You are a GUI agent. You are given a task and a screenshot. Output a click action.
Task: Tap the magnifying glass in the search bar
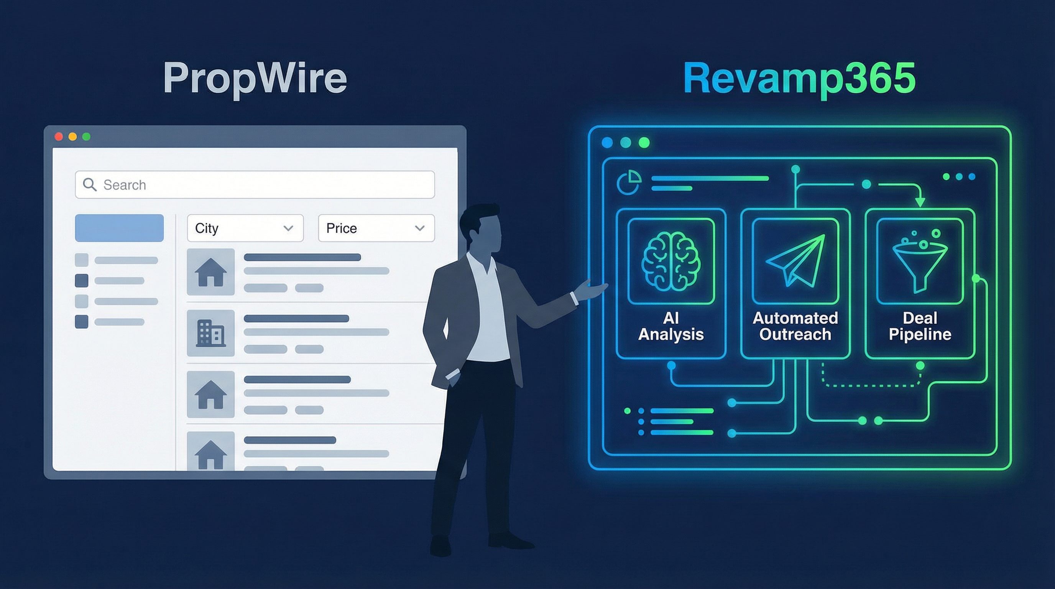[x=90, y=185]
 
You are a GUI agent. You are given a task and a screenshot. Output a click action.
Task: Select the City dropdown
[x=245, y=228]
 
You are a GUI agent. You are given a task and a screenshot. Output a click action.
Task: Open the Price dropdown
[x=376, y=228]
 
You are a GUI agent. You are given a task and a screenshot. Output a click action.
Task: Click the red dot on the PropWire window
[x=59, y=137]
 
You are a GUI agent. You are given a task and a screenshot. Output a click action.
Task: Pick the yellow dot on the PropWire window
[x=72, y=137]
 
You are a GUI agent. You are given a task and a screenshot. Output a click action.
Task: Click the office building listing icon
[x=210, y=333]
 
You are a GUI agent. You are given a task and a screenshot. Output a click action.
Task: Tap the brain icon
[x=671, y=261]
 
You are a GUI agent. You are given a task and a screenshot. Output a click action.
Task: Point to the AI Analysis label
[x=671, y=326]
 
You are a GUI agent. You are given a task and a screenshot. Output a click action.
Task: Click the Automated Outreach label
[x=795, y=326]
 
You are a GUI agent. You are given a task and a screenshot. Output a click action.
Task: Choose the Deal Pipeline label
[x=920, y=326]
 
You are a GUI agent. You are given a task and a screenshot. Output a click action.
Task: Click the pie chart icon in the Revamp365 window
[x=629, y=183]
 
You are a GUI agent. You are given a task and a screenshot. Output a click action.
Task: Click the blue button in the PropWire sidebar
[x=119, y=228]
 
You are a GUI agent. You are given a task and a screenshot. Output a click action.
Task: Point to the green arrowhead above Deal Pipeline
[x=920, y=202]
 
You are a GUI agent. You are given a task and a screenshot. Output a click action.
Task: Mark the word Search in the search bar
[x=125, y=185]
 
